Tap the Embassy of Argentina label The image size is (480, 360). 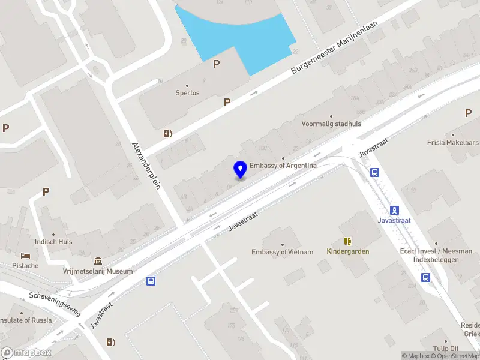[x=283, y=165]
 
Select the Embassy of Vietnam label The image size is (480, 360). [x=282, y=252]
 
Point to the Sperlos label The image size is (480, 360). [x=187, y=93]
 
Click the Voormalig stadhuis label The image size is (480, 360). [x=331, y=124]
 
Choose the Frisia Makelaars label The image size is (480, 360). [x=452, y=143]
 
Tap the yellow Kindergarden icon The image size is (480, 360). [x=347, y=241]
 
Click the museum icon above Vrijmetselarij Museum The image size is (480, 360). [x=98, y=261]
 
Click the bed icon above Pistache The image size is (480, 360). [x=25, y=256]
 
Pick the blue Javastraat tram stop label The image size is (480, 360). [x=394, y=220]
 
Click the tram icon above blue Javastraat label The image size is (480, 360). [x=394, y=210]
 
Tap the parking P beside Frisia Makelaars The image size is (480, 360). [x=468, y=113]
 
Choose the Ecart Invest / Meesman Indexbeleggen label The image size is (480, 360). [x=427, y=255]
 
